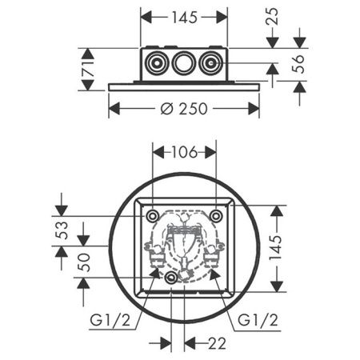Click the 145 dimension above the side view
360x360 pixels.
(184, 17)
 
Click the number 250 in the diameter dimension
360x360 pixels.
(193, 108)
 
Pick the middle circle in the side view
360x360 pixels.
(184, 64)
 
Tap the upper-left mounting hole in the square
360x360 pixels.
(152, 216)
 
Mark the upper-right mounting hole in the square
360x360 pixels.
(216, 216)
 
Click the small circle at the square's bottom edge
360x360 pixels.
(172, 278)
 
